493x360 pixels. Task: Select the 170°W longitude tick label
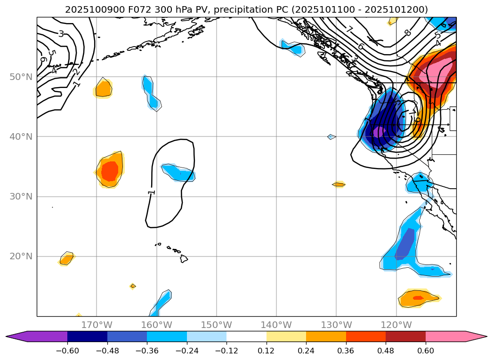click(97, 325)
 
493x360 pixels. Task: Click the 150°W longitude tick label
click(217, 325)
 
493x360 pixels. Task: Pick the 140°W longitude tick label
click(276, 325)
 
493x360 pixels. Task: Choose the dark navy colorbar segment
click(87, 336)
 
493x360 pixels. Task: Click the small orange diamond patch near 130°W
click(339, 184)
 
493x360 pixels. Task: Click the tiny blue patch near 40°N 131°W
click(331, 137)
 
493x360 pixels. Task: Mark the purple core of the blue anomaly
click(379, 132)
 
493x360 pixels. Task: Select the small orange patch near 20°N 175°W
click(66, 258)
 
